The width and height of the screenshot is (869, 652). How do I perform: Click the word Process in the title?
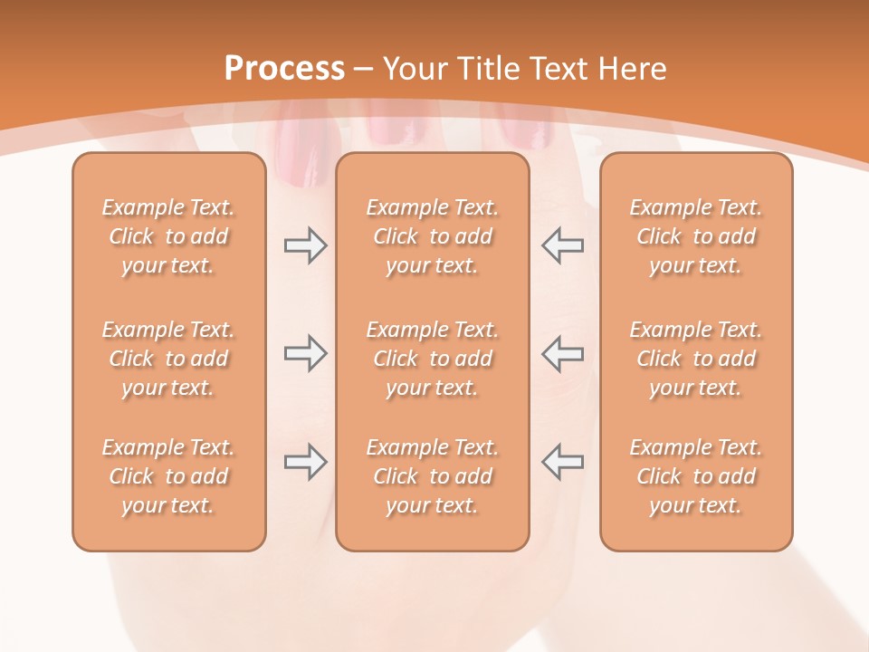click(x=284, y=69)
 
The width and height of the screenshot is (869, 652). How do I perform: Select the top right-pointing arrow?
click(x=305, y=245)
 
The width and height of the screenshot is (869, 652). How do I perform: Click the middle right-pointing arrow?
click(x=305, y=353)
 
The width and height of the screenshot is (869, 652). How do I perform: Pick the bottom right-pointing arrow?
click(x=305, y=462)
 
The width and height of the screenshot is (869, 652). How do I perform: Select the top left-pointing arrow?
click(x=563, y=245)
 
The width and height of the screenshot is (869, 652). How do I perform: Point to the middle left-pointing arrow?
click(x=563, y=353)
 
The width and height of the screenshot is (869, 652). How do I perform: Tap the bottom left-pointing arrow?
click(x=563, y=462)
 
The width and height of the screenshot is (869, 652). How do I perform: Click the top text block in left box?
click(x=168, y=236)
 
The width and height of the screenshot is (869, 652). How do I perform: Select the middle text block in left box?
click(x=168, y=359)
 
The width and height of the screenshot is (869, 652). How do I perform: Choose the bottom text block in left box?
click(x=168, y=476)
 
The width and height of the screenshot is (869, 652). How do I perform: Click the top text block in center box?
click(x=432, y=236)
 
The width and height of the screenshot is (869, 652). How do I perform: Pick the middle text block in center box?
click(x=432, y=359)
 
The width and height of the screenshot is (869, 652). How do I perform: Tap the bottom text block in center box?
click(x=432, y=476)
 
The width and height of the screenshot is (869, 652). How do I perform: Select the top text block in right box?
click(x=696, y=236)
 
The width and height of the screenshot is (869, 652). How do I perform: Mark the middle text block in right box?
click(x=696, y=359)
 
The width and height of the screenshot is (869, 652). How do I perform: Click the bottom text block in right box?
click(x=696, y=476)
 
